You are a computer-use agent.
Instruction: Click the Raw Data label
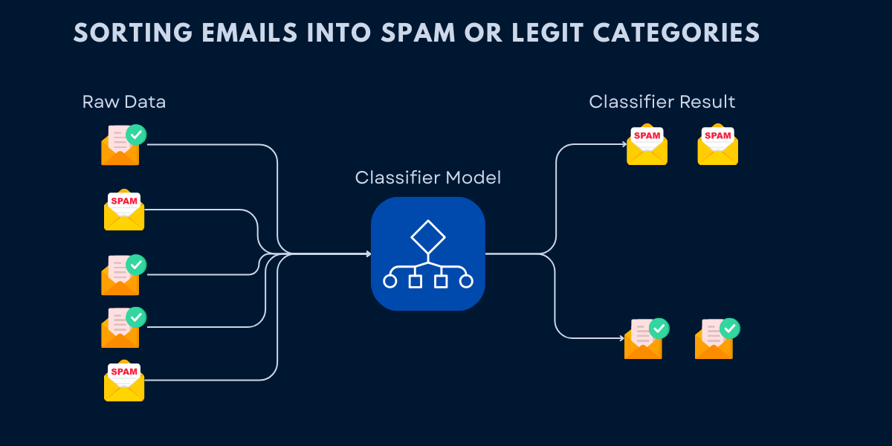click(x=124, y=102)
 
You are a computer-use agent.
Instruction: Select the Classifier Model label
click(x=427, y=178)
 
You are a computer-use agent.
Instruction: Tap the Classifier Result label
click(x=662, y=102)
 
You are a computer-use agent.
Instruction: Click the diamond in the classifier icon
click(x=427, y=238)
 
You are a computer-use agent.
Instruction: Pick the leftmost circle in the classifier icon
click(x=390, y=281)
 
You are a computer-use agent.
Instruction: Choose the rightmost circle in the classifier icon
click(x=466, y=281)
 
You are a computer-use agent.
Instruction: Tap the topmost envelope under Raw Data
click(x=121, y=146)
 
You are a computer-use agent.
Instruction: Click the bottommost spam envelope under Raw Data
click(x=124, y=381)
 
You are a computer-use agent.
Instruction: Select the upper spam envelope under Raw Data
click(x=124, y=210)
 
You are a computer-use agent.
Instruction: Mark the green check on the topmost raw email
click(x=136, y=135)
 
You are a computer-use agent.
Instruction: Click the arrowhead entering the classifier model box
click(x=368, y=254)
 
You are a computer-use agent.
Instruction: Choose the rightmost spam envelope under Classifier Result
click(x=717, y=145)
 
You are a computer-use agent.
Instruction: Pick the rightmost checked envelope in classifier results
click(x=715, y=340)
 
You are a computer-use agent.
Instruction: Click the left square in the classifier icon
click(x=415, y=281)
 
